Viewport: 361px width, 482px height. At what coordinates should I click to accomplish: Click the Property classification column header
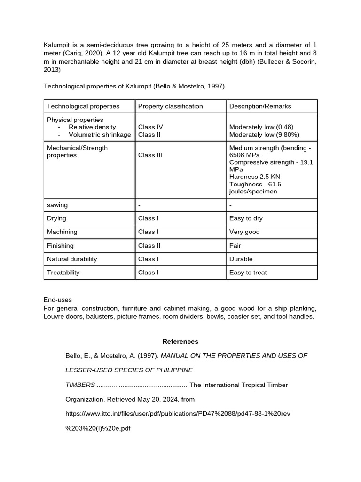(x=170, y=106)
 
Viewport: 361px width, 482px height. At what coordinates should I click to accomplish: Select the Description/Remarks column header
(x=260, y=106)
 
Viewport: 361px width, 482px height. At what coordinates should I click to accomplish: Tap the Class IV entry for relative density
(x=150, y=127)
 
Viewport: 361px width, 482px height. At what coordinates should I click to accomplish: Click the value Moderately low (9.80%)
(x=264, y=135)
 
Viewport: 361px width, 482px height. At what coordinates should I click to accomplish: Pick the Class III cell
(x=150, y=155)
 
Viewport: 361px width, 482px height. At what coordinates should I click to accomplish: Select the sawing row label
(x=57, y=205)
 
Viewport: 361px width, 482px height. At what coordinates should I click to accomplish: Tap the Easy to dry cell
(x=246, y=218)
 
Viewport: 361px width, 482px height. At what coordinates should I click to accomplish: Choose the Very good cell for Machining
(x=244, y=232)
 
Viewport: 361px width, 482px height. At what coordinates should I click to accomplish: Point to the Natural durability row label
(x=72, y=259)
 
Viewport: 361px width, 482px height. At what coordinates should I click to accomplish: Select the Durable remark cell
(x=241, y=259)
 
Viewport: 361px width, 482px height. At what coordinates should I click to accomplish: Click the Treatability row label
(x=63, y=273)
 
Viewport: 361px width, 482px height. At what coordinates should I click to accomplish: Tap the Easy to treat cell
(x=248, y=273)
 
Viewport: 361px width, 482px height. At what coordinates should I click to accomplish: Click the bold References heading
(x=180, y=342)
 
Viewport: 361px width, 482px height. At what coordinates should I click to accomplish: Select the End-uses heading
(x=57, y=300)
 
